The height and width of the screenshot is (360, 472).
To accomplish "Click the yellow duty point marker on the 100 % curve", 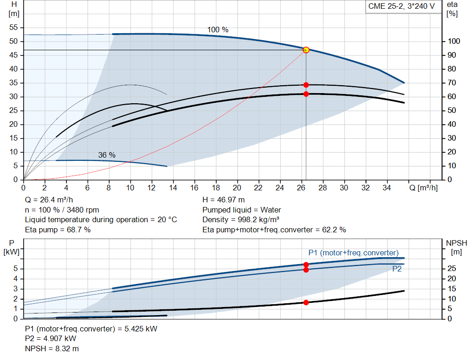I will pos(306,50).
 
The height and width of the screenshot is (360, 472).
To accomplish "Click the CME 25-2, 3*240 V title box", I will pos(401,6).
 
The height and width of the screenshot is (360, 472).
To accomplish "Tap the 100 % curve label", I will pos(218,30).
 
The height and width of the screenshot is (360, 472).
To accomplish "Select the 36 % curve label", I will pos(106,155).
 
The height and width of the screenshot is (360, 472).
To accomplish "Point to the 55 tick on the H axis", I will pos(13,28).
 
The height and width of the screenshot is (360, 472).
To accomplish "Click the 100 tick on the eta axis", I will pos(454,41).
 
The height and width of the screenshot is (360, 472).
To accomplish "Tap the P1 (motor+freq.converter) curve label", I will pos(353,253).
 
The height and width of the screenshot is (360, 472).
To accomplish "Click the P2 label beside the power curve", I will pos(397,269).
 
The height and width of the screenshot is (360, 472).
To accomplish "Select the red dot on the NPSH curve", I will pos(306,302).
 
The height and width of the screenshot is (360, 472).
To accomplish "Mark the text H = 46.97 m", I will pos(224,200).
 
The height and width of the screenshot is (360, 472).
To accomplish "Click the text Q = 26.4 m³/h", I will pos(48,200).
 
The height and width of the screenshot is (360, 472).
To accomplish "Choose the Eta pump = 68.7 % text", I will pos(58,230).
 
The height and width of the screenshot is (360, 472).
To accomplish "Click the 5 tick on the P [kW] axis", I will pos(16,269).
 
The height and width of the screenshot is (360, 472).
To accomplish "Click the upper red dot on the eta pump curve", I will pos(306,85).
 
